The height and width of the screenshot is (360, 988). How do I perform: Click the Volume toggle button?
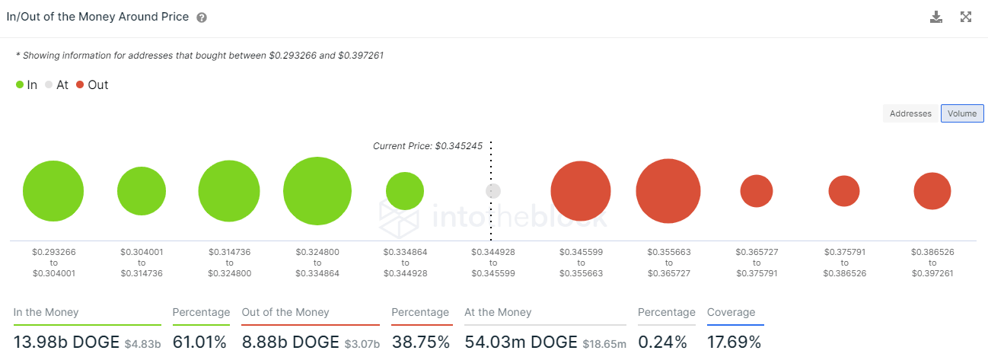tap(962, 113)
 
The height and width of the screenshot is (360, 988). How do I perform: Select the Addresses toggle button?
tap(910, 113)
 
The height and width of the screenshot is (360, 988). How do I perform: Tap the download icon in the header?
tap(936, 17)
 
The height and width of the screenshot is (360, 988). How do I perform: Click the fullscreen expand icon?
tap(966, 17)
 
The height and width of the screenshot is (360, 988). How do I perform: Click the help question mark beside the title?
tap(202, 18)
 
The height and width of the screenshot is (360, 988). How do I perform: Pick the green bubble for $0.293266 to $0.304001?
tap(53, 191)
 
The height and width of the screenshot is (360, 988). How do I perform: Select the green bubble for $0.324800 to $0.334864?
tap(317, 191)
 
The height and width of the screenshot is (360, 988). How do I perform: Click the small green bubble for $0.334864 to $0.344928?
tap(405, 191)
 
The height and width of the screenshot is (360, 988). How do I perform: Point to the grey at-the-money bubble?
tap(493, 191)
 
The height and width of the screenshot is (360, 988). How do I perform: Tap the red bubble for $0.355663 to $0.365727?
tap(668, 191)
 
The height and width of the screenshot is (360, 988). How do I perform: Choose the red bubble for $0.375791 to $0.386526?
tap(844, 191)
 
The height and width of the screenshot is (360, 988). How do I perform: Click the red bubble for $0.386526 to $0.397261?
tap(932, 191)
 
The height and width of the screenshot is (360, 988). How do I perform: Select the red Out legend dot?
tap(80, 85)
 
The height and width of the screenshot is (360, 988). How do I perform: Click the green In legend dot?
tap(20, 85)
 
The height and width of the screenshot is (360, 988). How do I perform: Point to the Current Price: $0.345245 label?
tap(428, 145)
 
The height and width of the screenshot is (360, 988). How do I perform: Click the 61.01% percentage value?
tap(199, 342)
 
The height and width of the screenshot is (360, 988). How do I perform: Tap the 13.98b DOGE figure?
tap(67, 342)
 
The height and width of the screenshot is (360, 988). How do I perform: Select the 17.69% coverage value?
tap(734, 342)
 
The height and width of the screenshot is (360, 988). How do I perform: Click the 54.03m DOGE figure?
tap(521, 342)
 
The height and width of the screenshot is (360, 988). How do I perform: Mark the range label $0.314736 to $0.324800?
tap(229, 262)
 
